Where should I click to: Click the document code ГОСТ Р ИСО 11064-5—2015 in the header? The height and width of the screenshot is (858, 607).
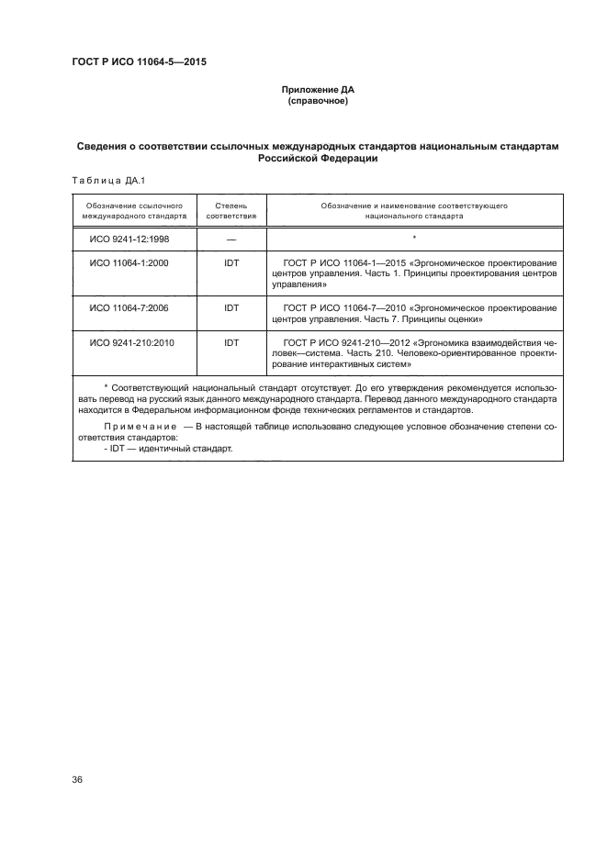(138, 63)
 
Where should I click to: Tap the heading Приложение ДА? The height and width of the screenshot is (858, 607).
(316, 90)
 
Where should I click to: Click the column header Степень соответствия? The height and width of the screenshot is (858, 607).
(230, 212)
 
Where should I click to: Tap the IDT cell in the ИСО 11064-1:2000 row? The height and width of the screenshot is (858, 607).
(230, 262)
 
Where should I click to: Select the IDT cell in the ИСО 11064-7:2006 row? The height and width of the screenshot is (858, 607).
(230, 307)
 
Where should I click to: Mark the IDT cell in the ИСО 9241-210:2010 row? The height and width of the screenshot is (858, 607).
(230, 342)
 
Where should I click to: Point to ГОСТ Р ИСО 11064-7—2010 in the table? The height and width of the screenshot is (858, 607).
(343, 307)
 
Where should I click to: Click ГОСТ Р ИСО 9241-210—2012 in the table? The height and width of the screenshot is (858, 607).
(347, 342)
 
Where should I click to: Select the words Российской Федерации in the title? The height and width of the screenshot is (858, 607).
(316, 158)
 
